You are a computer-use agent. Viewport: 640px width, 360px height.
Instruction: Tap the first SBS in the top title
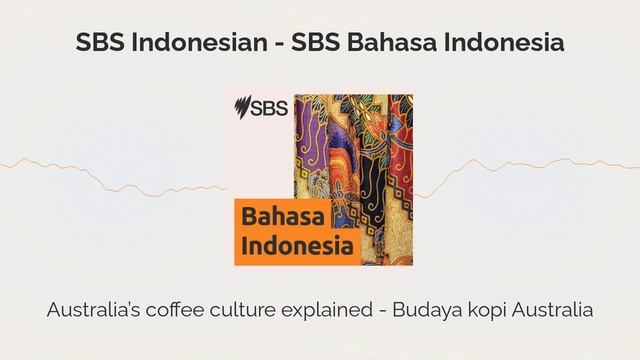click(99, 44)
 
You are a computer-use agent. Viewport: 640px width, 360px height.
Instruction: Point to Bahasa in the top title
click(391, 44)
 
